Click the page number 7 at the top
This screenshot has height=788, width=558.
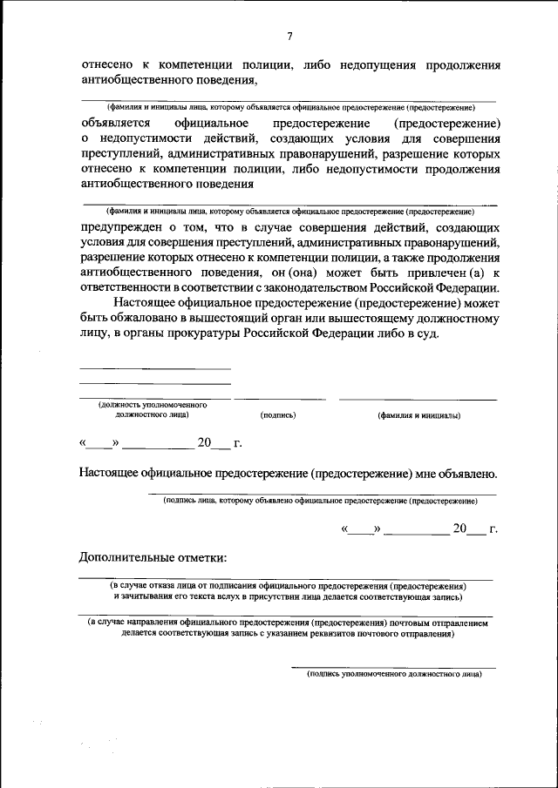(289, 36)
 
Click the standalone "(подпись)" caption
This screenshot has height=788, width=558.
(278, 416)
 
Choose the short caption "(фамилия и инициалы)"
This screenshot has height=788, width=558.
(418, 416)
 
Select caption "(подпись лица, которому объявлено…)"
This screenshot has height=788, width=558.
(320, 502)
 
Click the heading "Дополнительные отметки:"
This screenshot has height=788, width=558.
(153, 557)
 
